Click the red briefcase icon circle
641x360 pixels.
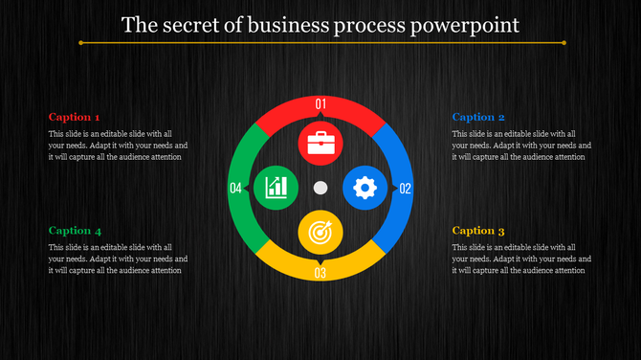click(320, 144)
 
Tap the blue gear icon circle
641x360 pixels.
click(365, 188)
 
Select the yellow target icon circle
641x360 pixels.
click(320, 231)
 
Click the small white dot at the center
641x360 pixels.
click(320, 188)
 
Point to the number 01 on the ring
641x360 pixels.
click(320, 103)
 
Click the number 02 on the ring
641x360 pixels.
click(406, 189)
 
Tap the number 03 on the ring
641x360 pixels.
click(320, 274)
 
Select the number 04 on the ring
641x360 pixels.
click(235, 189)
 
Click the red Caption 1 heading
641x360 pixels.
click(74, 117)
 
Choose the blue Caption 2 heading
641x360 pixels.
click(478, 117)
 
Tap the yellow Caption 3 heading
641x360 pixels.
click(478, 231)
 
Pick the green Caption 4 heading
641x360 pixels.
click(74, 231)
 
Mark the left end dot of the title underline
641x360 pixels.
click(80, 43)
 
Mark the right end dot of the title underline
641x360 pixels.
click(564, 43)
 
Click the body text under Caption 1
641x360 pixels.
click(117, 146)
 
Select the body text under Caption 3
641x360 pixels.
click(521, 259)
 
